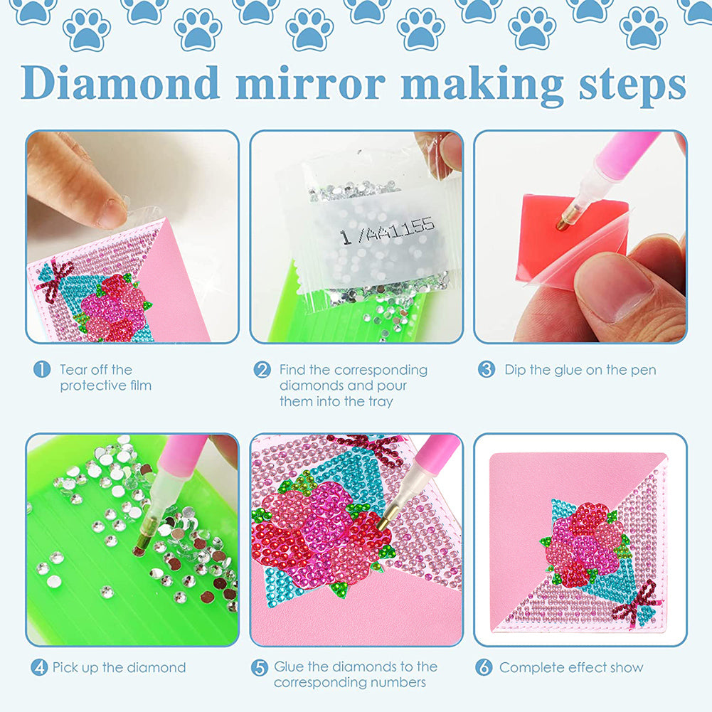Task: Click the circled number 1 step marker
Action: coord(42,370)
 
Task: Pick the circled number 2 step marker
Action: coord(262,370)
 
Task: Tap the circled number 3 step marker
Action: coord(487,370)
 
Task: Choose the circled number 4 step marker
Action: coord(39,668)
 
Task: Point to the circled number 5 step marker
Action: coord(260,668)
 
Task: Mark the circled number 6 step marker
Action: coord(484,668)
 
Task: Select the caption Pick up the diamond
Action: coord(119,668)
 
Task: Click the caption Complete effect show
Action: coord(571,668)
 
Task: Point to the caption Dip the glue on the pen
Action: coord(580,370)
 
